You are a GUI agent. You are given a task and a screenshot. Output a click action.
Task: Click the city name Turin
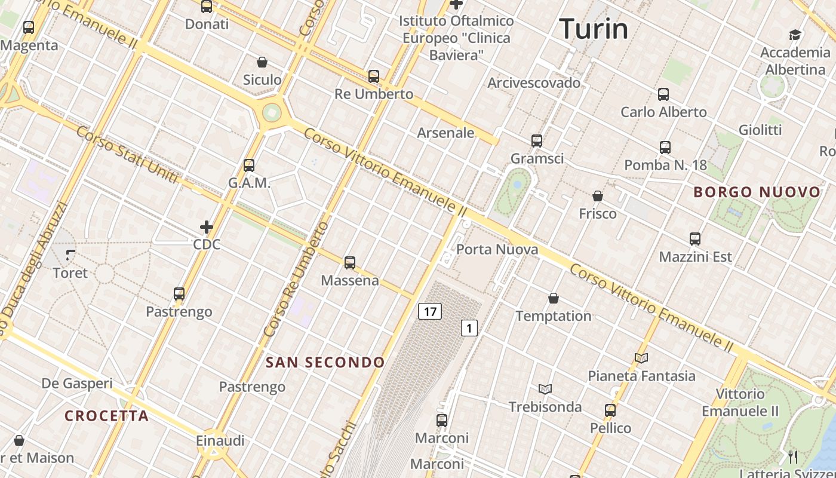click(594, 29)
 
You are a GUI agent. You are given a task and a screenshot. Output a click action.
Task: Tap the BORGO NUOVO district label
click(757, 192)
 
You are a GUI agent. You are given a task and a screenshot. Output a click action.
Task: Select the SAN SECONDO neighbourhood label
click(325, 362)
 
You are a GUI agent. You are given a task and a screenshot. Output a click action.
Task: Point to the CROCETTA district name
click(107, 416)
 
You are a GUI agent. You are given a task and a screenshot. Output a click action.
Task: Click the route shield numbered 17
click(429, 311)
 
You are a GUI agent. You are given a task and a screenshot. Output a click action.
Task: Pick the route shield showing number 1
click(469, 327)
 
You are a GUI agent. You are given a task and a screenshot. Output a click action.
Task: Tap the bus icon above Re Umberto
click(374, 76)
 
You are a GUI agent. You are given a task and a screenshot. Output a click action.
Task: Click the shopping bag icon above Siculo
click(262, 62)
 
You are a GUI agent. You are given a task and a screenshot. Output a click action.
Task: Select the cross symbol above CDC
click(207, 227)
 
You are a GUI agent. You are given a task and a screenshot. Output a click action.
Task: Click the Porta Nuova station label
click(497, 249)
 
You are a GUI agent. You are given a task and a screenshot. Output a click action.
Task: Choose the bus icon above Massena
click(350, 262)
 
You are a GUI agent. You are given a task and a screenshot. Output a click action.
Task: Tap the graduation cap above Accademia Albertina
click(795, 35)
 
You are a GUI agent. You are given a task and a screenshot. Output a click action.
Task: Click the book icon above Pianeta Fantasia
click(641, 358)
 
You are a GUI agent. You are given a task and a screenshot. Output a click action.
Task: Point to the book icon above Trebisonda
click(545, 389)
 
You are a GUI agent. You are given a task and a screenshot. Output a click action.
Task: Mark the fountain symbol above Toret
click(70, 255)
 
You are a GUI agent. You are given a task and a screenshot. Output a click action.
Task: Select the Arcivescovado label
click(534, 82)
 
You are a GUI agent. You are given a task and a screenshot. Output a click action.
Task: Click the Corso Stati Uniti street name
click(127, 155)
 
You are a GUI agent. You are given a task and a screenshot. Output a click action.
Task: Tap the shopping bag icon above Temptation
click(554, 298)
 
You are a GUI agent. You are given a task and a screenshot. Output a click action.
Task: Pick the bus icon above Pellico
click(610, 410)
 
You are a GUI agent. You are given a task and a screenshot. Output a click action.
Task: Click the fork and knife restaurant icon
click(793, 457)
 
